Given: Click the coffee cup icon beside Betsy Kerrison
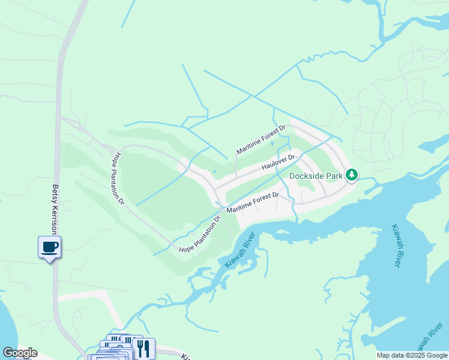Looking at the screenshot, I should pyautogui.click(x=49, y=246).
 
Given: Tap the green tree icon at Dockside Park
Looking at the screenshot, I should pyautogui.click(x=351, y=175).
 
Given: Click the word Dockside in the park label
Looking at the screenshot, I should pyautogui.click(x=307, y=176).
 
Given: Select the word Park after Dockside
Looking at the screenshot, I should pyautogui.click(x=335, y=176).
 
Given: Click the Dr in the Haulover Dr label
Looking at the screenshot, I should pyautogui.click(x=291, y=158).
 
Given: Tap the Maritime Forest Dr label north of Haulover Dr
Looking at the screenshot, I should pyautogui.click(x=262, y=140).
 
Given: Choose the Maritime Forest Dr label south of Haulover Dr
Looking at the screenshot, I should pyautogui.click(x=253, y=203).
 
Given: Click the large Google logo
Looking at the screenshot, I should pyautogui.click(x=19, y=353).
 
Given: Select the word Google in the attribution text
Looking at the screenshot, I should pyautogui.click(x=438, y=356).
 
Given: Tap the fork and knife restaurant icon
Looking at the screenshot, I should pyautogui.click(x=143, y=347).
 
